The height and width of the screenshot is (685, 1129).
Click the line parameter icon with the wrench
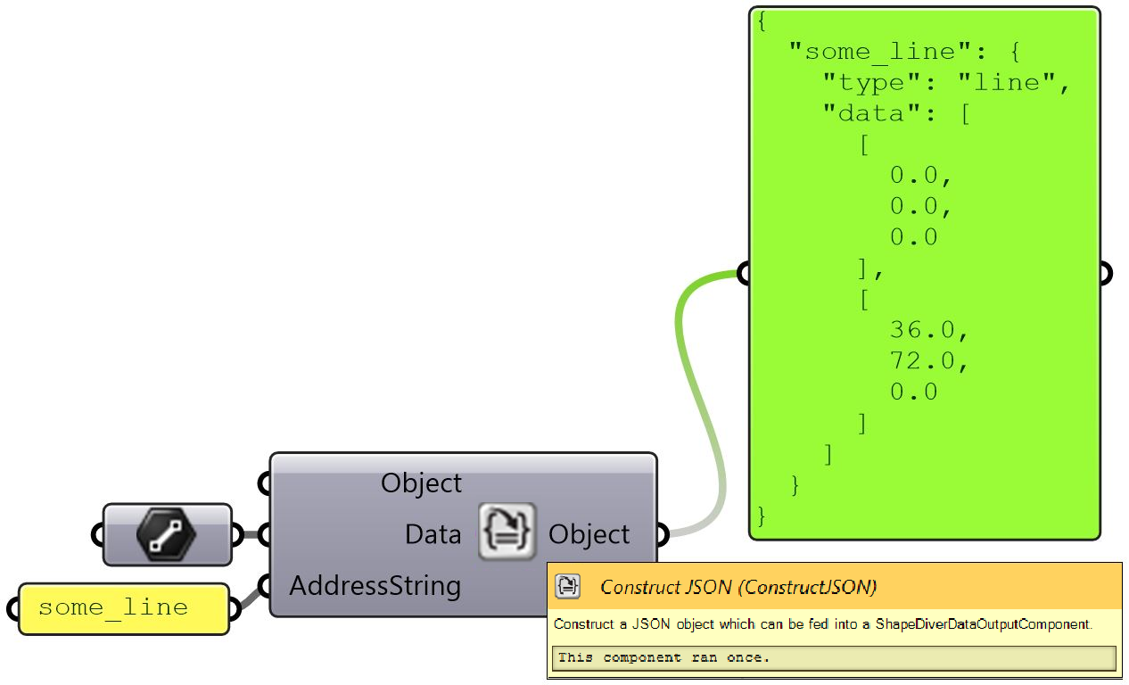click(x=166, y=535)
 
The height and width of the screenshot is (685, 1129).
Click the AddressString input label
click(x=375, y=586)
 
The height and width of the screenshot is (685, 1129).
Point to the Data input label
click(x=433, y=534)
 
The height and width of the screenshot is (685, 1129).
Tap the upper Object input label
click(x=421, y=483)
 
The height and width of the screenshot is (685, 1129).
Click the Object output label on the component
click(x=589, y=534)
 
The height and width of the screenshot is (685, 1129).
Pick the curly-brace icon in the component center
click(x=507, y=532)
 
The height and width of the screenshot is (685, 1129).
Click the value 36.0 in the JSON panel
click(x=927, y=330)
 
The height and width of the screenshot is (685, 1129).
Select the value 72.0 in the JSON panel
click(x=927, y=361)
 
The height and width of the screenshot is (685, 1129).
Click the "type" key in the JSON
click(x=864, y=83)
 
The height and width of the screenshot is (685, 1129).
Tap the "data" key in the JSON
click(x=864, y=113)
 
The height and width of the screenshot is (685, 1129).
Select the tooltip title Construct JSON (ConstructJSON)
click(x=738, y=586)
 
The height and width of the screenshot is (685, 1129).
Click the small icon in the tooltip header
click(x=567, y=586)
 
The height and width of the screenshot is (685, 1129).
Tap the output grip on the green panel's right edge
click(x=1104, y=273)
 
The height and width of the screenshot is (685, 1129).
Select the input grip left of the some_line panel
click(x=13, y=609)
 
